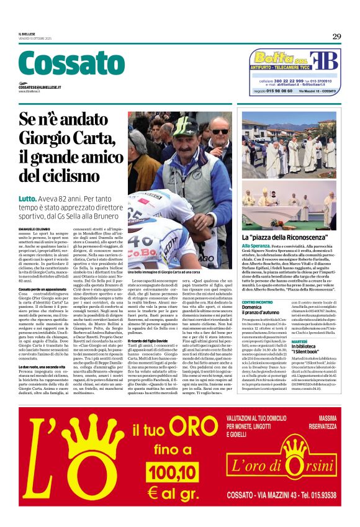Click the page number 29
tap(336, 37)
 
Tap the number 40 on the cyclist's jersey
tap(143, 241)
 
